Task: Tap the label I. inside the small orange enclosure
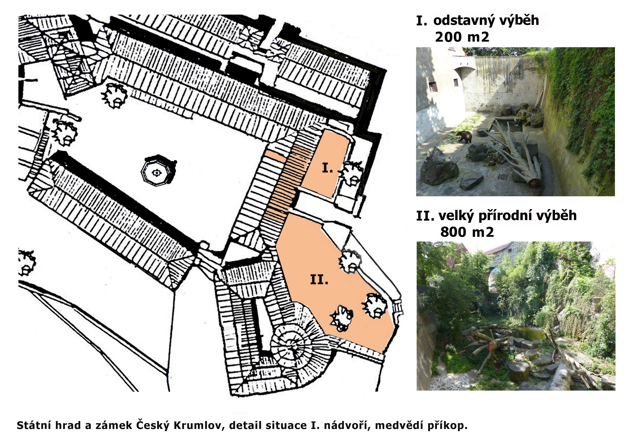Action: [x=328, y=168]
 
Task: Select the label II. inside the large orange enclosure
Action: [x=319, y=280]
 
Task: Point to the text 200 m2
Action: [x=462, y=37]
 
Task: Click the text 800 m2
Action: [x=467, y=232]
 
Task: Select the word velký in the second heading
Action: [x=456, y=216]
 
